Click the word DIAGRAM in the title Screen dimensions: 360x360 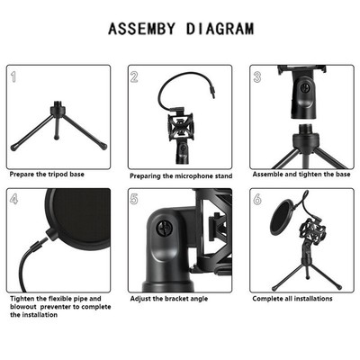point(220,29)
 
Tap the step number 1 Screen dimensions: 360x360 point(15,76)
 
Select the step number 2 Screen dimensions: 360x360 point(134,77)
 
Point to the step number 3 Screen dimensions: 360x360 point(256,77)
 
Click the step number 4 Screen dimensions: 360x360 point(15,199)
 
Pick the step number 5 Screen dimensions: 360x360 point(134,199)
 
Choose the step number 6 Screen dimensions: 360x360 point(256,199)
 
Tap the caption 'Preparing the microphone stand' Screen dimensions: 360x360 point(180,175)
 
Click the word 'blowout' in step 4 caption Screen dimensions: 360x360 point(24,307)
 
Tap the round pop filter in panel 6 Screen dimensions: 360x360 point(280,222)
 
